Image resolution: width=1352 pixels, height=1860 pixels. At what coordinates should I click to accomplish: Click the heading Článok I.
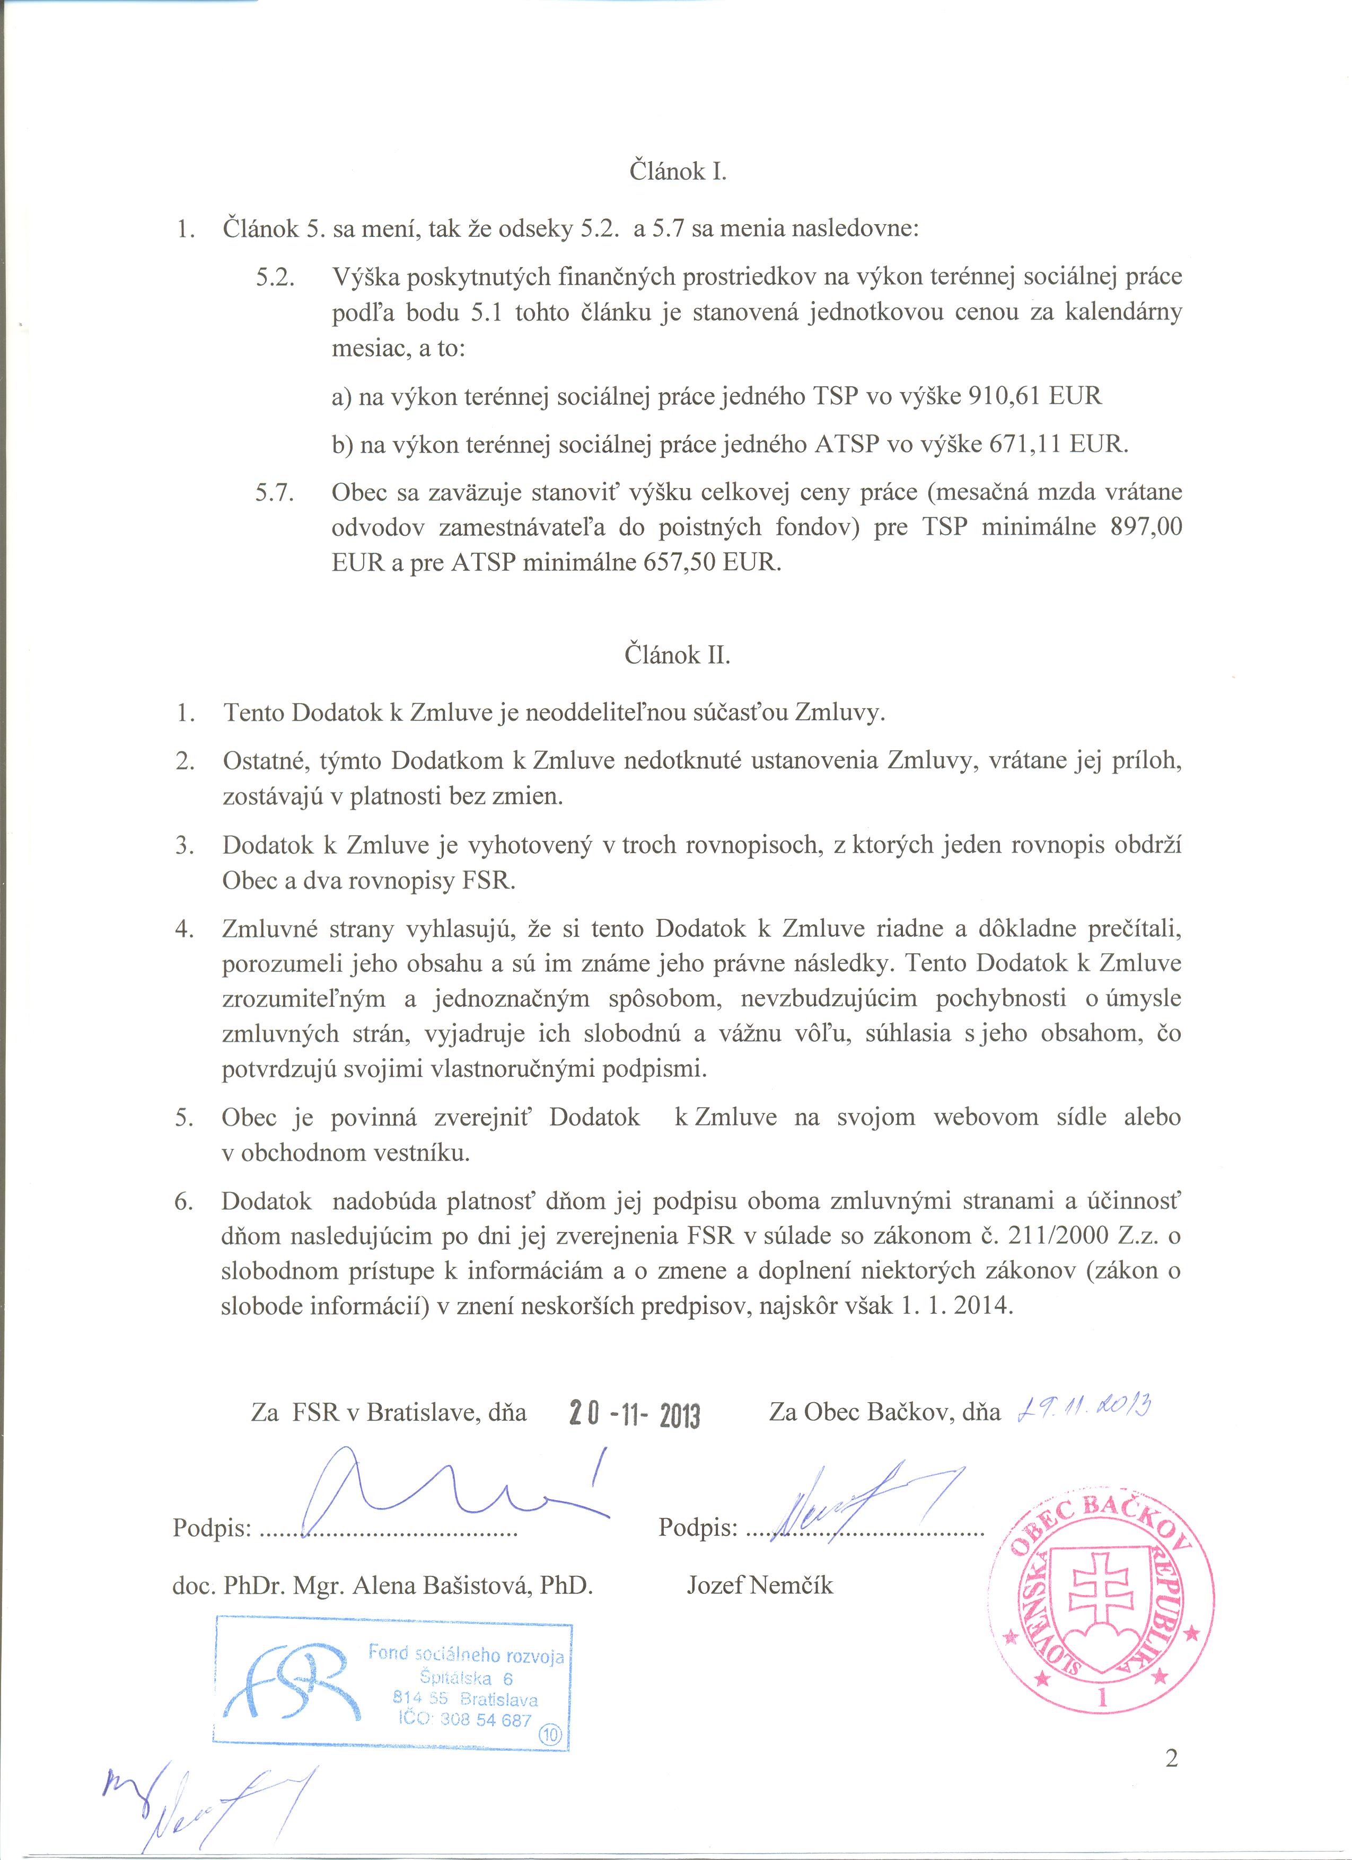(x=678, y=171)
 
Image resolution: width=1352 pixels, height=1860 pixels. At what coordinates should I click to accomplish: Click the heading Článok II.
(x=678, y=656)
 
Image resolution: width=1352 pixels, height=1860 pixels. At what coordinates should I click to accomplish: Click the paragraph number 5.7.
(x=275, y=493)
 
